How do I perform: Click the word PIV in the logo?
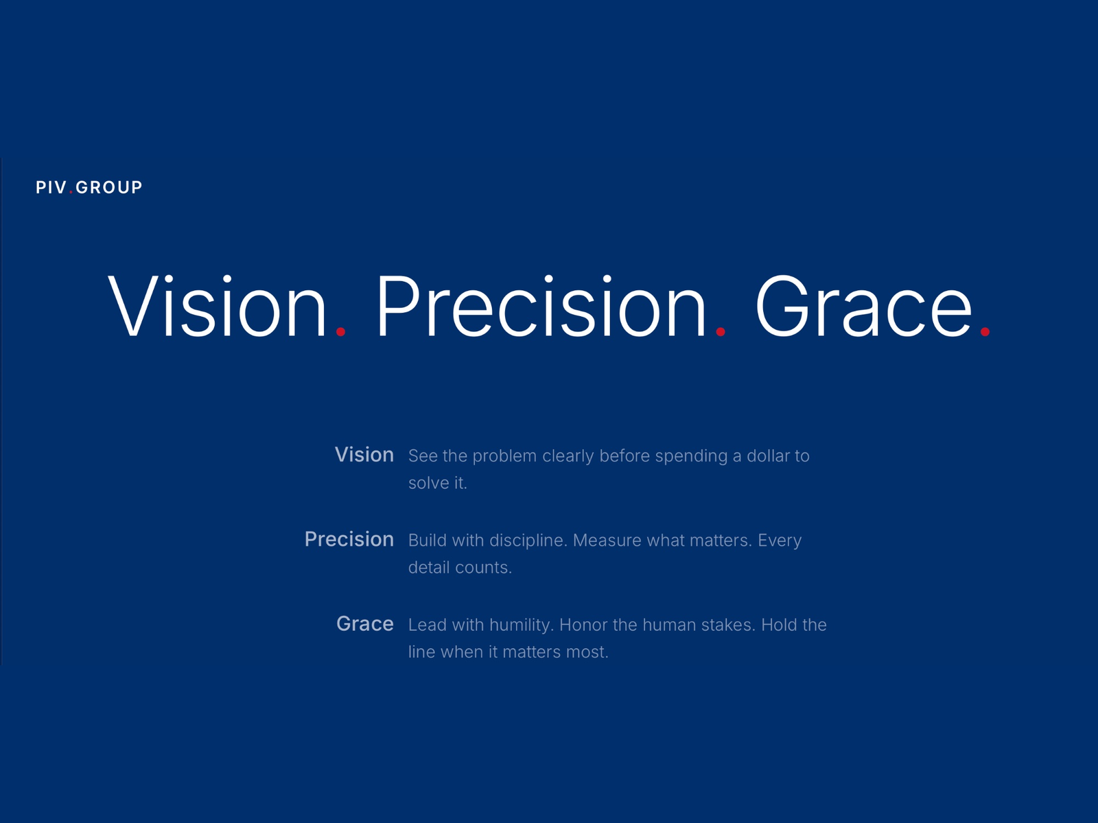pyautogui.click(x=51, y=187)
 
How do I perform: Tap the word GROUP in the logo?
pyautogui.click(x=108, y=187)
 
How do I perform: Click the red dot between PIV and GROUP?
pyautogui.click(x=71, y=193)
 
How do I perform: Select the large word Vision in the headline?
pyautogui.click(x=217, y=307)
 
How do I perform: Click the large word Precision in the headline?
pyautogui.click(x=541, y=307)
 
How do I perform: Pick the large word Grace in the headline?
pyautogui.click(x=863, y=307)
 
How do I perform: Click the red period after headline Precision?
pyautogui.click(x=720, y=332)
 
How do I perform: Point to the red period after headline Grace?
pyautogui.click(x=985, y=332)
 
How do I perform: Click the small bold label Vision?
pyautogui.click(x=364, y=455)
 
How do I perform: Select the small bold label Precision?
pyautogui.click(x=349, y=539)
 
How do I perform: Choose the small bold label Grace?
pyautogui.click(x=364, y=623)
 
